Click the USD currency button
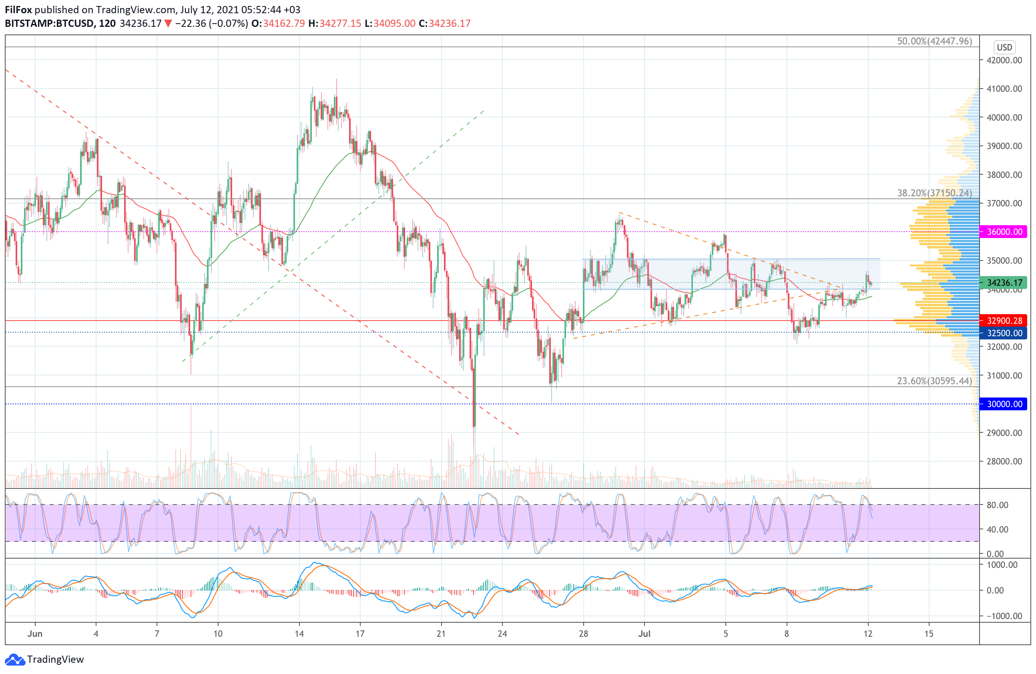[1004, 47]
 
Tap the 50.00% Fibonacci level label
[934, 41]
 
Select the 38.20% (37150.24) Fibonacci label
[934, 193]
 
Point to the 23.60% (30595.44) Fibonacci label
[934, 381]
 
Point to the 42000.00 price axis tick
[1004, 60]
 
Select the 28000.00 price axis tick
[1004, 461]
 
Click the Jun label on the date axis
[35, 634]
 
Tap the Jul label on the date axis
[644, 634]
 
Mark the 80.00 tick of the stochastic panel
[997, 505]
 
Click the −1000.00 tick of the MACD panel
[1000, 615]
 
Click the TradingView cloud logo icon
[15, 659]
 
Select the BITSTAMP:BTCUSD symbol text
[49, 24]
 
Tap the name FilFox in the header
[18, 10]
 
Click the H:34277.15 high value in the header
[334, 24]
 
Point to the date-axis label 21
[441, 634]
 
